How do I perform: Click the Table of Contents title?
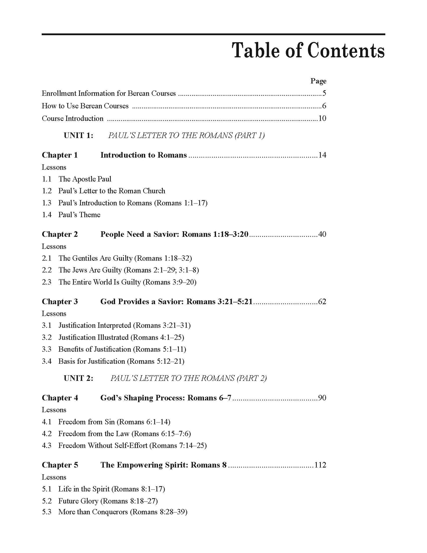308,51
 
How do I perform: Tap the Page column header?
318,81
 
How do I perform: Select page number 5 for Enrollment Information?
324,93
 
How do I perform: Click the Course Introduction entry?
73,119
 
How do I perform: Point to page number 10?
322,119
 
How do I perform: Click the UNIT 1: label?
78,135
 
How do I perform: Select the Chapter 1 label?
60,155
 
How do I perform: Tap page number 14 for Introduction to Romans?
322,155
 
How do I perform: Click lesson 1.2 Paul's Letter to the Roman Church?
112,191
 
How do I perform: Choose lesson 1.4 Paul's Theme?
79,215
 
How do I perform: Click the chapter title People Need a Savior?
174,234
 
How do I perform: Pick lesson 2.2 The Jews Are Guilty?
129,270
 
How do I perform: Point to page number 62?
322,302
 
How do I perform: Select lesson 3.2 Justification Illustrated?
121,337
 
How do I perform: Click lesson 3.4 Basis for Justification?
121,361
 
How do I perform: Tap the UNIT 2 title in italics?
189,378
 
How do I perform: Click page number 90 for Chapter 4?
322,398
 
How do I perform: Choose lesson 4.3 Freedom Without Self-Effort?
132,445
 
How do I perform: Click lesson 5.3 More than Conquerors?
123,512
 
